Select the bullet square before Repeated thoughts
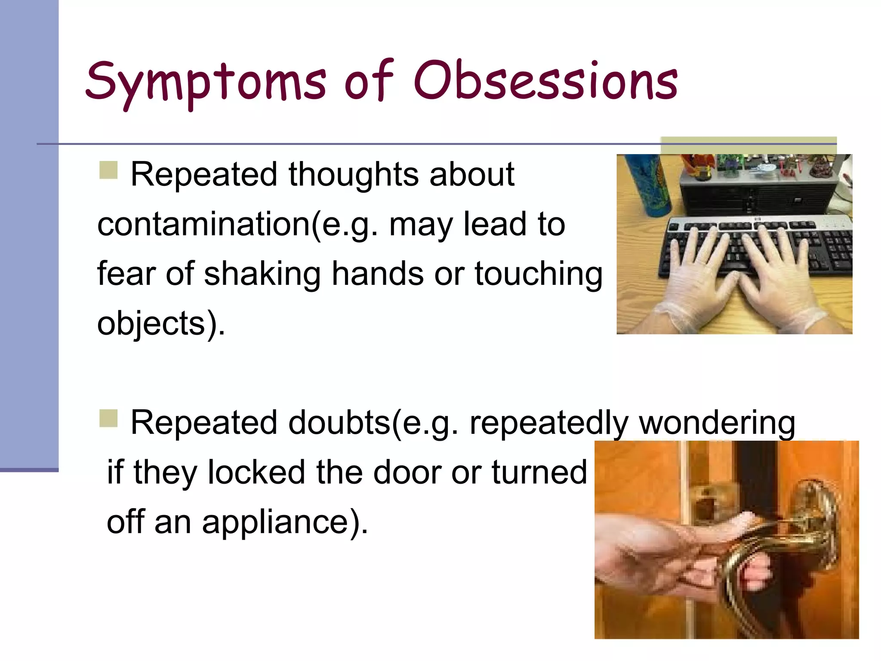(108, 170)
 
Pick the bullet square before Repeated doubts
(108, 418)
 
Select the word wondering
(717, 423)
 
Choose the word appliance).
(285, 522)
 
